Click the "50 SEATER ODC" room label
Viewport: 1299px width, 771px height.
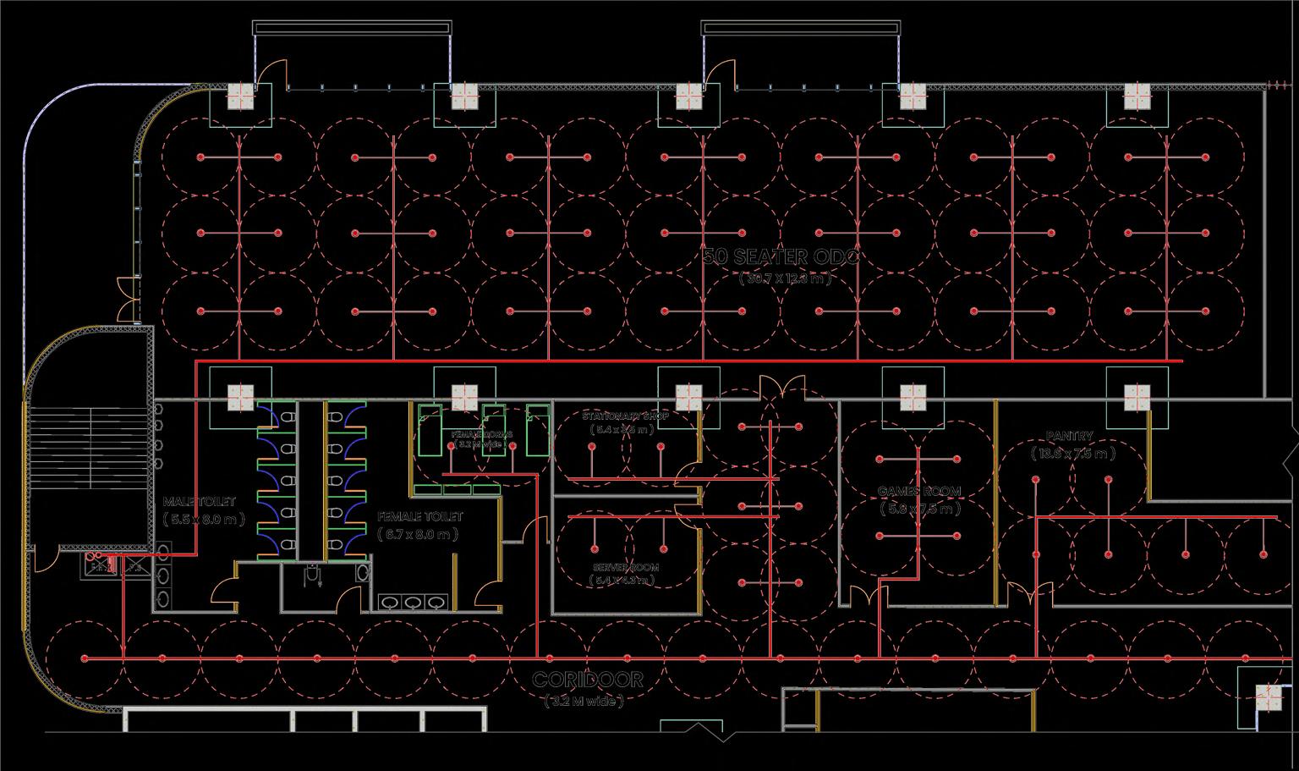[781, 256]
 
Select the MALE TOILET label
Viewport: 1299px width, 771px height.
[199, 503]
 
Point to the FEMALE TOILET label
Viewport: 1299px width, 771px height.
[420, 516]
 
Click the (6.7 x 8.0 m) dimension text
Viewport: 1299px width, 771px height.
[419, 534]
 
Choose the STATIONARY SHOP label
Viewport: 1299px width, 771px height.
[625, 416]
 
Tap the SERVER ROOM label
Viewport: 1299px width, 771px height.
[626, 568]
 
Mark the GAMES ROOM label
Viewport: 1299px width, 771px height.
[919, 492]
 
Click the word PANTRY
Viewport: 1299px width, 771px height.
[1070, 437]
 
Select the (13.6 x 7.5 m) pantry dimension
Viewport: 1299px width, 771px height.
[1072, 454]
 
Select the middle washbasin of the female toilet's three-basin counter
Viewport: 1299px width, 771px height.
[413, 603]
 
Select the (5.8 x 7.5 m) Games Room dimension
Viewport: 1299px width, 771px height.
[919, 509]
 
